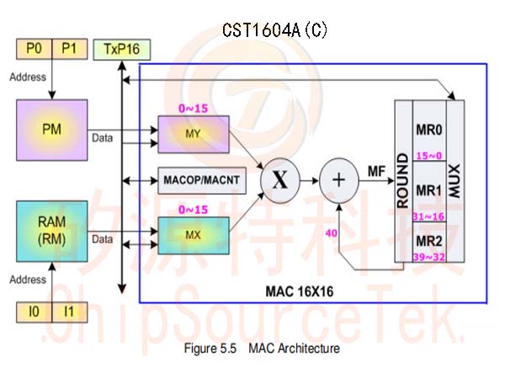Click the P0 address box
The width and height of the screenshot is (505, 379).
(x=35, y=49)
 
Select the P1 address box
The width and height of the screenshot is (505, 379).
(x=70, y=49)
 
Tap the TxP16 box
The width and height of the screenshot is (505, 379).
(x=122, y=50)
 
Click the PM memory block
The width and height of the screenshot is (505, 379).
(x=52, y=130)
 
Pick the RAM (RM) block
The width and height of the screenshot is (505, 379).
(x=52, y=231)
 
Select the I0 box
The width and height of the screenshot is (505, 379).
(x=35, y=312)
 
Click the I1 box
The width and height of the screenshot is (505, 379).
(x=70, y=312)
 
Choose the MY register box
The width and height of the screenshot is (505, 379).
(x=194, y=134)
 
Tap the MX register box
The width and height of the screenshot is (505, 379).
(x=194, y=236)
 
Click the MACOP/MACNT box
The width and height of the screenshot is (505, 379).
(x=202, y=180)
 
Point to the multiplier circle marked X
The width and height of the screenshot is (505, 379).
(x=280, y=180)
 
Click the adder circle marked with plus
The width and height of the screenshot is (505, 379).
(x=339, y=180)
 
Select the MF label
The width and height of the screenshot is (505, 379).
(x=377, y=172)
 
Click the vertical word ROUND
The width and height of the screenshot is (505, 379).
(x=403, y=181)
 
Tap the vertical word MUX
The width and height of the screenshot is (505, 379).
(x=455, y=181)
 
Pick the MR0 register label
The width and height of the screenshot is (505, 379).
(x=429, y=130)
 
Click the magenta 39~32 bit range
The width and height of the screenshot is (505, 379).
(x=429, y=257)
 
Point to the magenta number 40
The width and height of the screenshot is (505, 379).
(x=332, y=233)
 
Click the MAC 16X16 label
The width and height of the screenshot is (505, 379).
(x=300, y=291)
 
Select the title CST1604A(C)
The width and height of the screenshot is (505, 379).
(x=274, y=30)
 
